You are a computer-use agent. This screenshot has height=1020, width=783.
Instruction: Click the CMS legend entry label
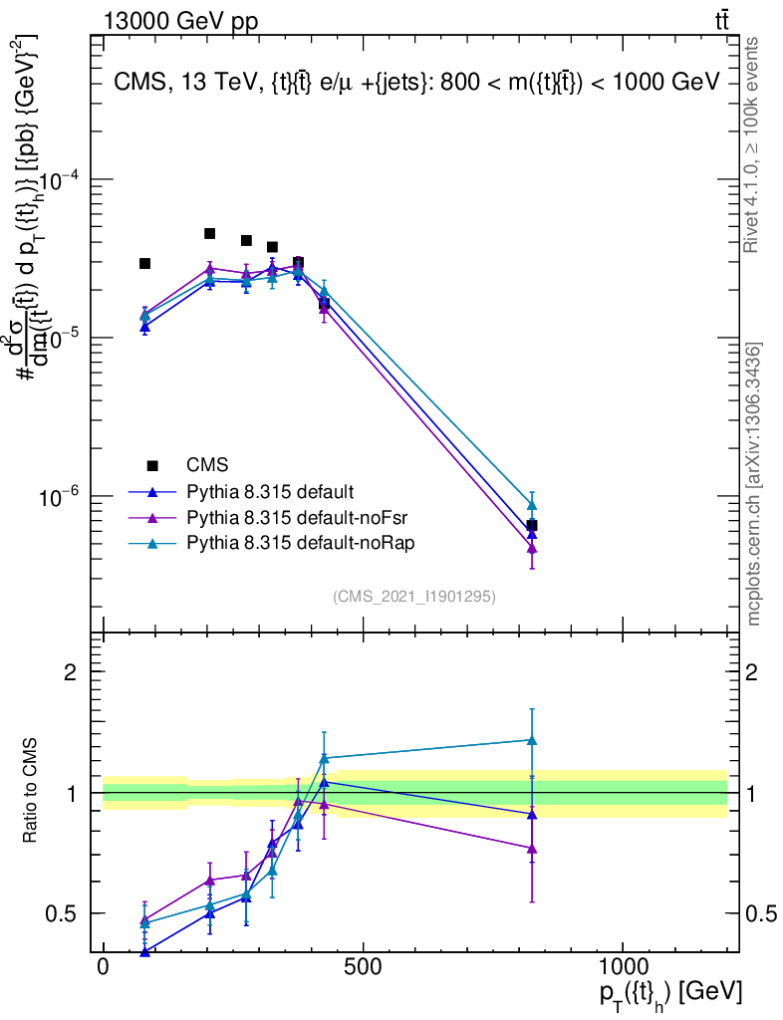207,465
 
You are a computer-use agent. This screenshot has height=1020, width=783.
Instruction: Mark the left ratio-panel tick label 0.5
62,913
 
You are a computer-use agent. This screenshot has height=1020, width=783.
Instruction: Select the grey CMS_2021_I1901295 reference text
414,596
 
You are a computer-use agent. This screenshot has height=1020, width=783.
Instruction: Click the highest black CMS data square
210,233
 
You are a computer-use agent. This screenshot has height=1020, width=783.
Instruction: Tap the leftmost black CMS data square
144,263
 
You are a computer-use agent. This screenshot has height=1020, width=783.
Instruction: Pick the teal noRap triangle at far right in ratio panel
532,740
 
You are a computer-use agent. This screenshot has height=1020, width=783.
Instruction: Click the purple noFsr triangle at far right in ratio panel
532,849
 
